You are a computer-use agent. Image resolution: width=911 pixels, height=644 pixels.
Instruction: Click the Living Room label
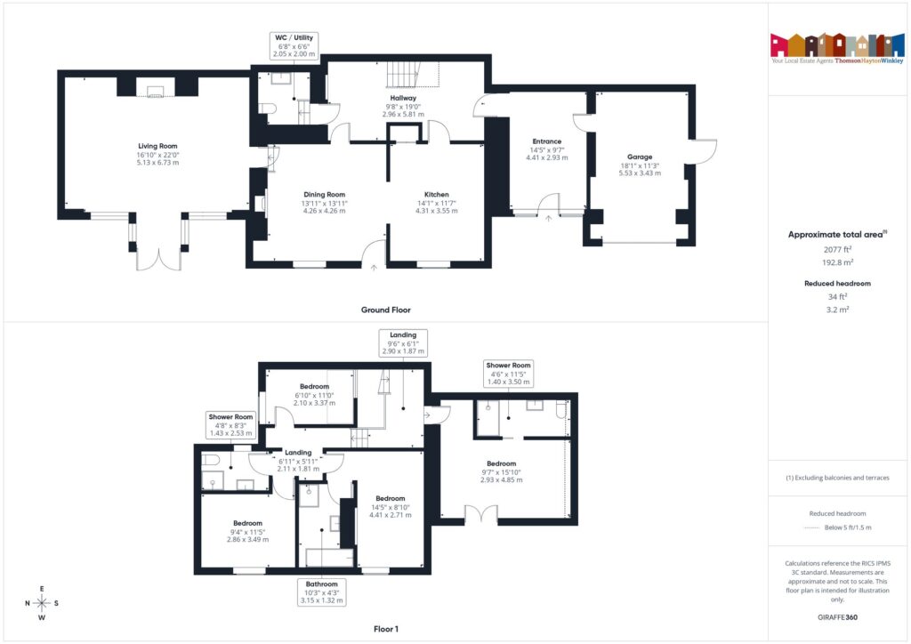click(157, 154)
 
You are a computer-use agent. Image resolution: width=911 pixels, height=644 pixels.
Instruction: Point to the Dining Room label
click(324, 202)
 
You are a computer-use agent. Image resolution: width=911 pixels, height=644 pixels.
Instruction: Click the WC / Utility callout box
click(294, 45)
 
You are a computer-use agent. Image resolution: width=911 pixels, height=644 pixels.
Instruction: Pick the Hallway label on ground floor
click(404, 106)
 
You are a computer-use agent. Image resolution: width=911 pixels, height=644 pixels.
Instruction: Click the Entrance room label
click(546, 149)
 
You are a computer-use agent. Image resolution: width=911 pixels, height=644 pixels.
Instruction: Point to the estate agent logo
click(836, 48)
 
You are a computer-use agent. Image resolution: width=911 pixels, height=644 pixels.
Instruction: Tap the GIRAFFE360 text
click(836, 616)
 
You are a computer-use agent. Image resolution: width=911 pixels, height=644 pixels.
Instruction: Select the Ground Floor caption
click(385, 310)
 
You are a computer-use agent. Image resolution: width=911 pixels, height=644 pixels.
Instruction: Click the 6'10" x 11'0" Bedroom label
click(316, 394)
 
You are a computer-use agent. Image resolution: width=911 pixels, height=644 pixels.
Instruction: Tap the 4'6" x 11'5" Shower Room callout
click(509, 373)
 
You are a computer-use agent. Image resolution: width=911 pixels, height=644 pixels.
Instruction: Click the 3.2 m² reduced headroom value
click(836, 309)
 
